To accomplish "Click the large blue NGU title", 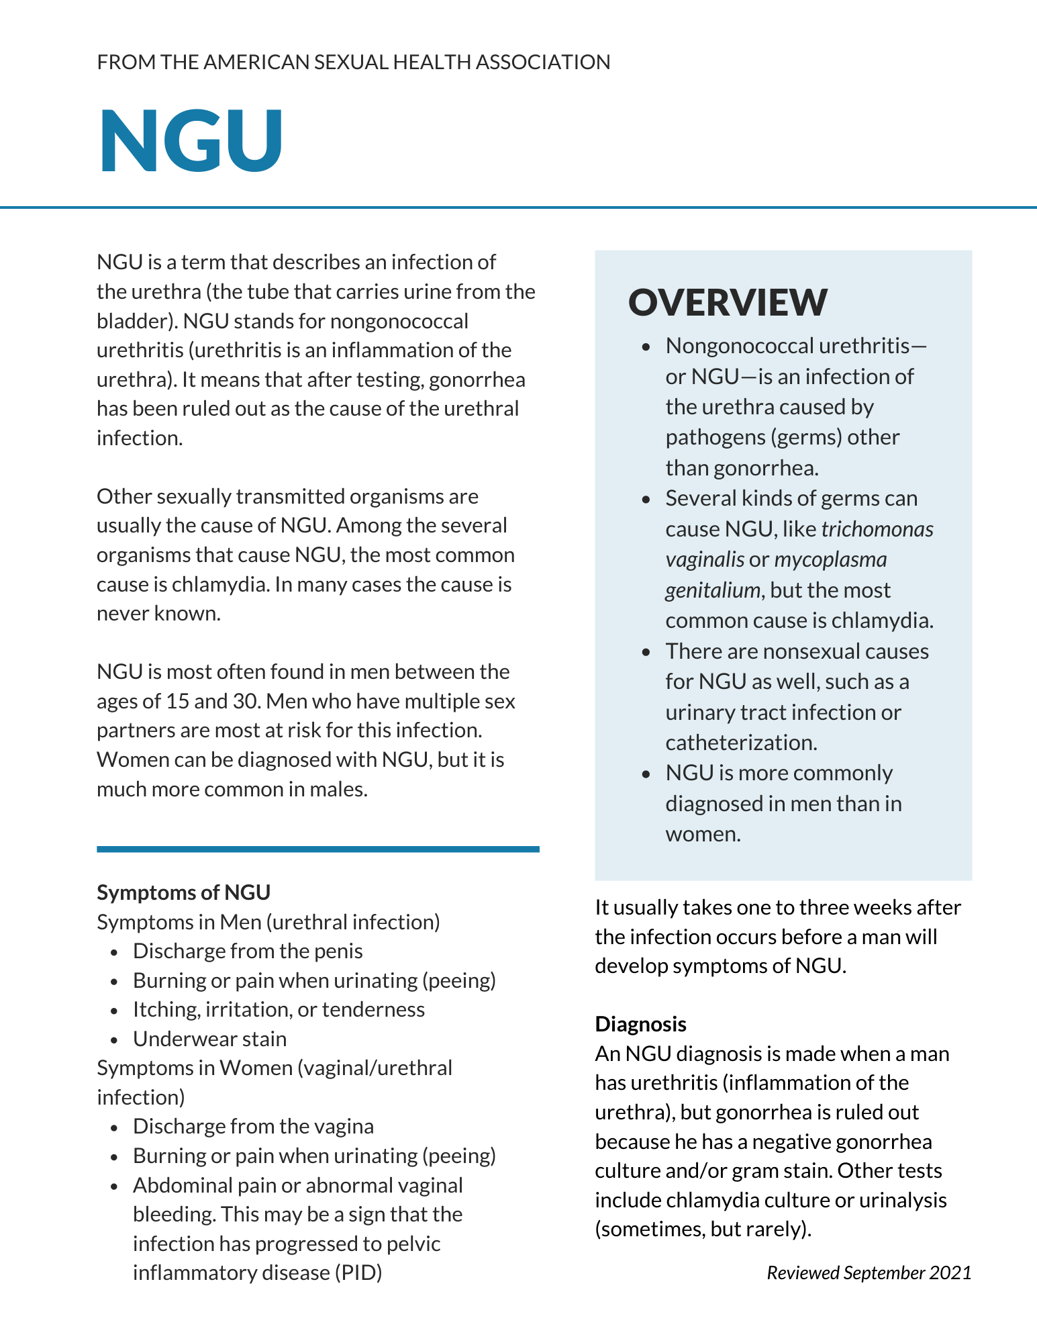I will point(191,141).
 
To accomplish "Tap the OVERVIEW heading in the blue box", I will point(728,302).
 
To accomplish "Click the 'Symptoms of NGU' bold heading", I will point(183,892).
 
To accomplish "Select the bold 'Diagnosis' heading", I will point(640,1024).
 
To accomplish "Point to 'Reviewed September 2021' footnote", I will point(869,1272).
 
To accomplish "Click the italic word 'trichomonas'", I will point(877,529).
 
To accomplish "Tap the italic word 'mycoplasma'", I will point(830,559).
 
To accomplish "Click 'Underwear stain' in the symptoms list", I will point(209,1039).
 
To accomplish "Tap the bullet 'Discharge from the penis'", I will point(248,951).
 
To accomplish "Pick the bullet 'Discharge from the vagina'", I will point(253,1126).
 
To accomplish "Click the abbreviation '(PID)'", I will point(358,1272).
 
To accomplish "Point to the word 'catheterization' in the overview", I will point(740,743).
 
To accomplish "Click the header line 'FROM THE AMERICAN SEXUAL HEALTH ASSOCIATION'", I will point(354,62).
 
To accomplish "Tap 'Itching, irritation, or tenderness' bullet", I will point(279,1009).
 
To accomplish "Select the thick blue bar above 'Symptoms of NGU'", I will point(317,849).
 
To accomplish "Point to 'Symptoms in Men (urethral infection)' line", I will point(268,922).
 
